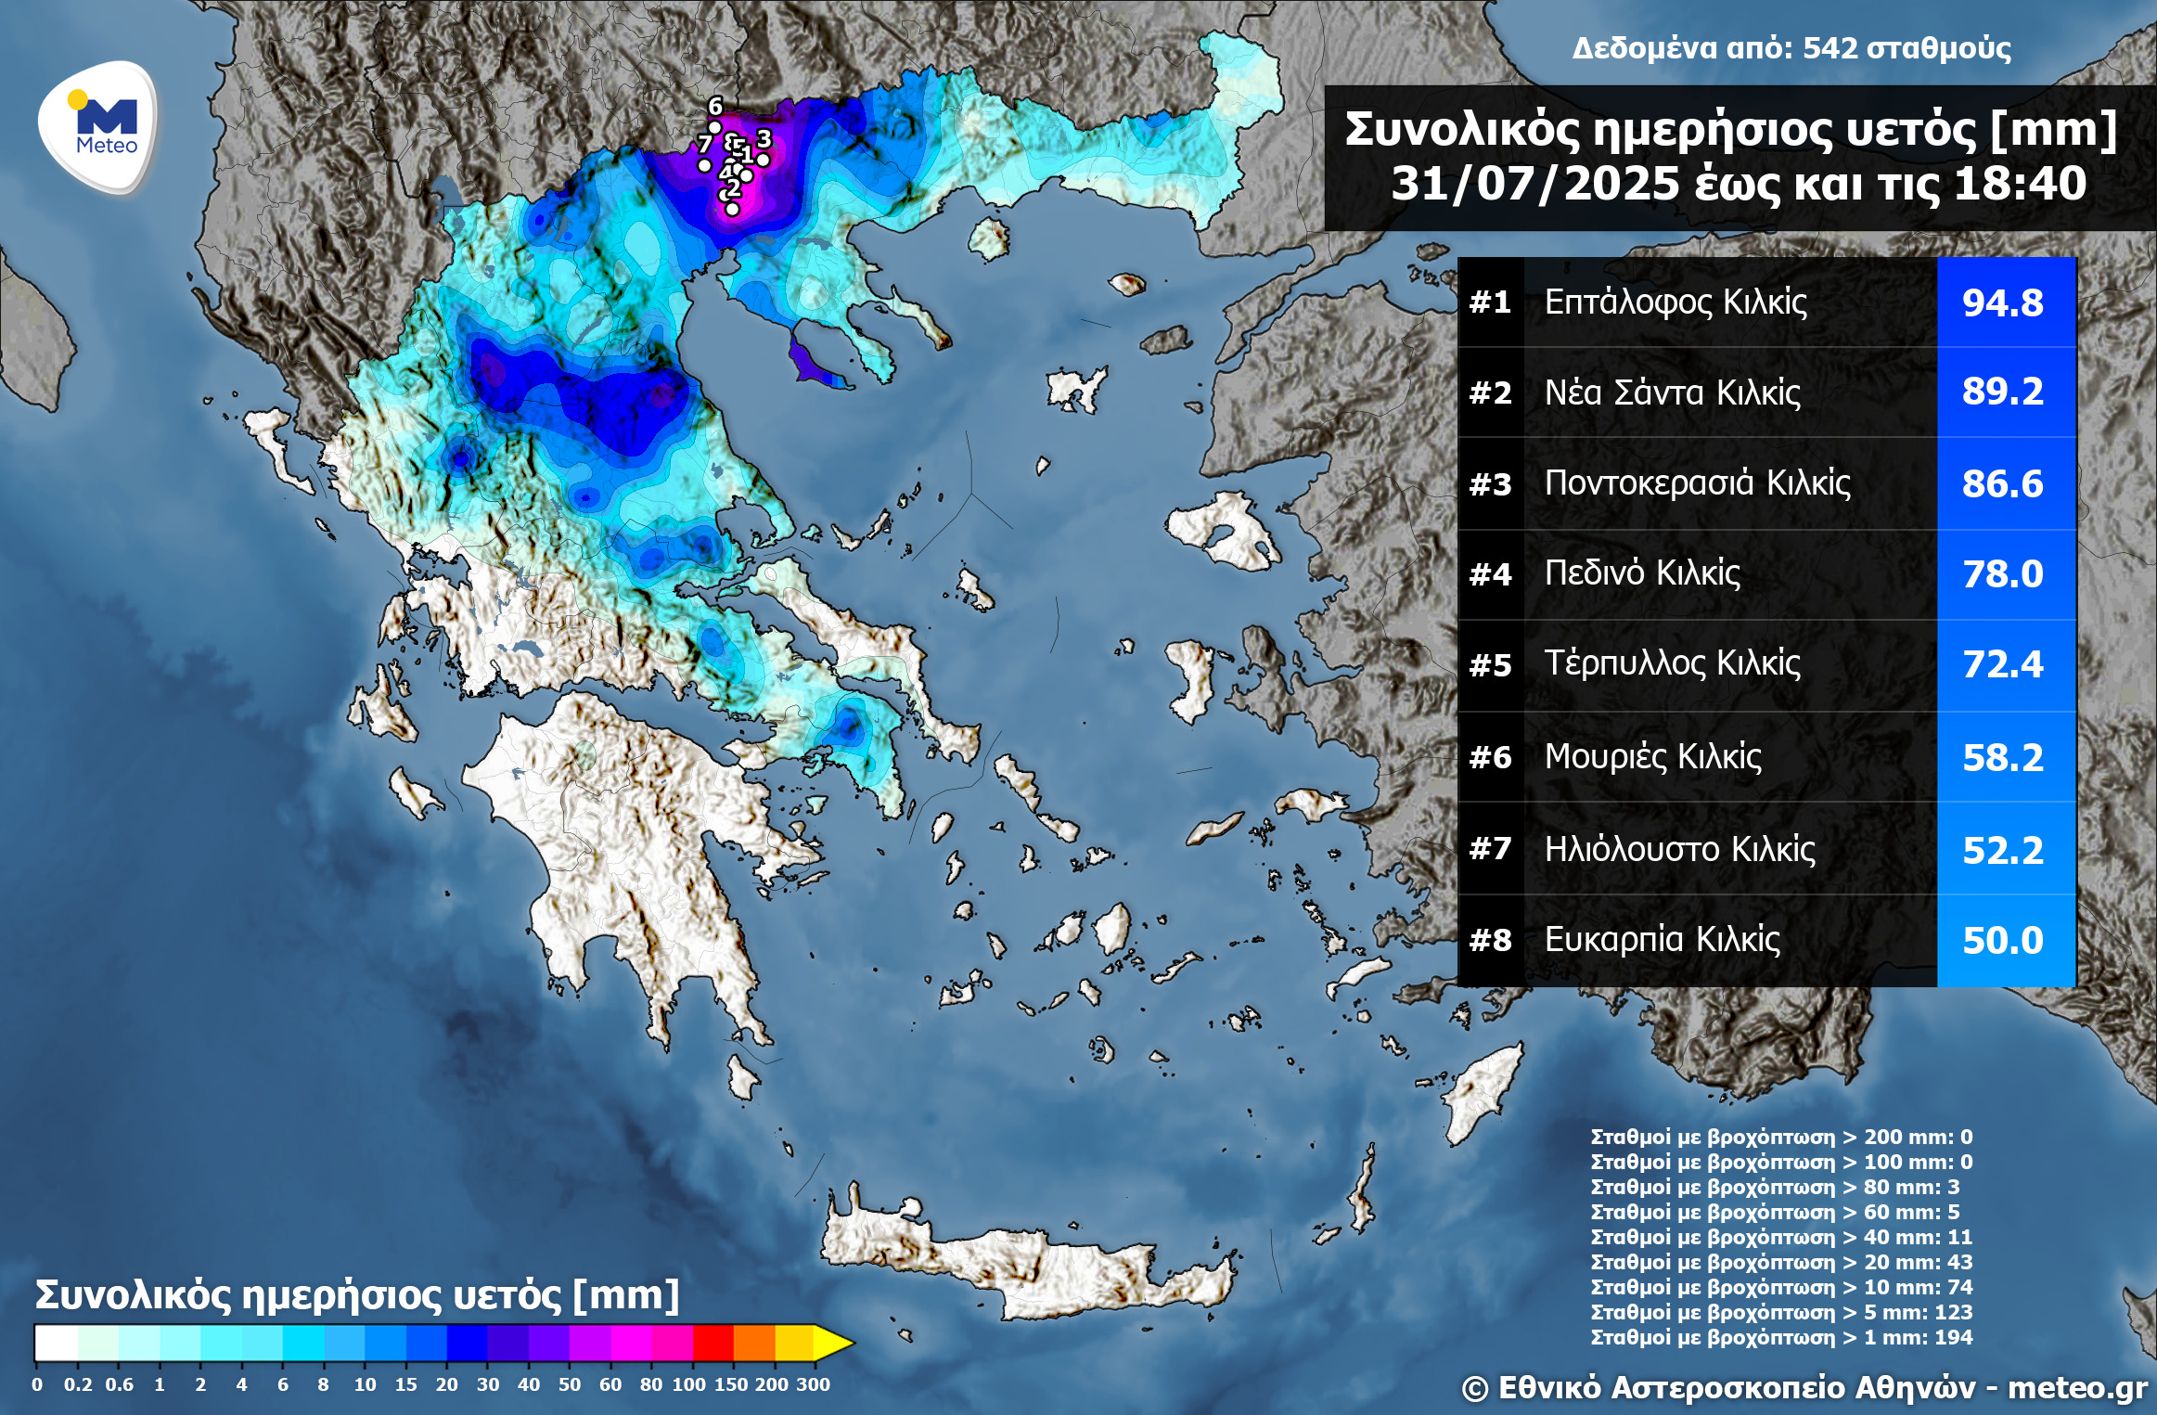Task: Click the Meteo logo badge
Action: pyautogui.click(x=97, y=127)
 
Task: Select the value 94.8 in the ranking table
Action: pyautogui.click(x=2002, y=302)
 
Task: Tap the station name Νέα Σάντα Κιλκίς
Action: pyautogui.click(x=1672, y=392)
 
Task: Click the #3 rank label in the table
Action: pyautogui.click(x=1490, y=484)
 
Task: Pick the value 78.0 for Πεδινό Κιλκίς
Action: pyautogui.click(x=2002, y=574)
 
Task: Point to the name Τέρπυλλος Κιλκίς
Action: pyautogui.click(x=1672, y=663)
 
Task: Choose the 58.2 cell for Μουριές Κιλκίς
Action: pyautogui.click(x=2002, y=758)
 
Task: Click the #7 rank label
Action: pyautogui.click(x=1490, y=849)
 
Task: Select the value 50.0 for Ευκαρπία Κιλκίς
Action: pyautogui.click(x=2002, y=941)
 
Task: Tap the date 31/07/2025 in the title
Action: pyautogui.click(x=1534, y=184)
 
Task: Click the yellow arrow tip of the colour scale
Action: pyautogui.click(x=835, y=1343)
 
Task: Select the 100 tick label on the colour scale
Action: pyautogui.click(x=689, y=1384)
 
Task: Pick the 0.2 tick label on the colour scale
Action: pyautogui.click(x=78, y=1384)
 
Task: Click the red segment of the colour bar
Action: pyautogui.click(x=713, y=1343)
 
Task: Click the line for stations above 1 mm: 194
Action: pyautogui.click(x=1780, y=1337)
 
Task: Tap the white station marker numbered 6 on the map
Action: pyautogui.click(x=714, y=127)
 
